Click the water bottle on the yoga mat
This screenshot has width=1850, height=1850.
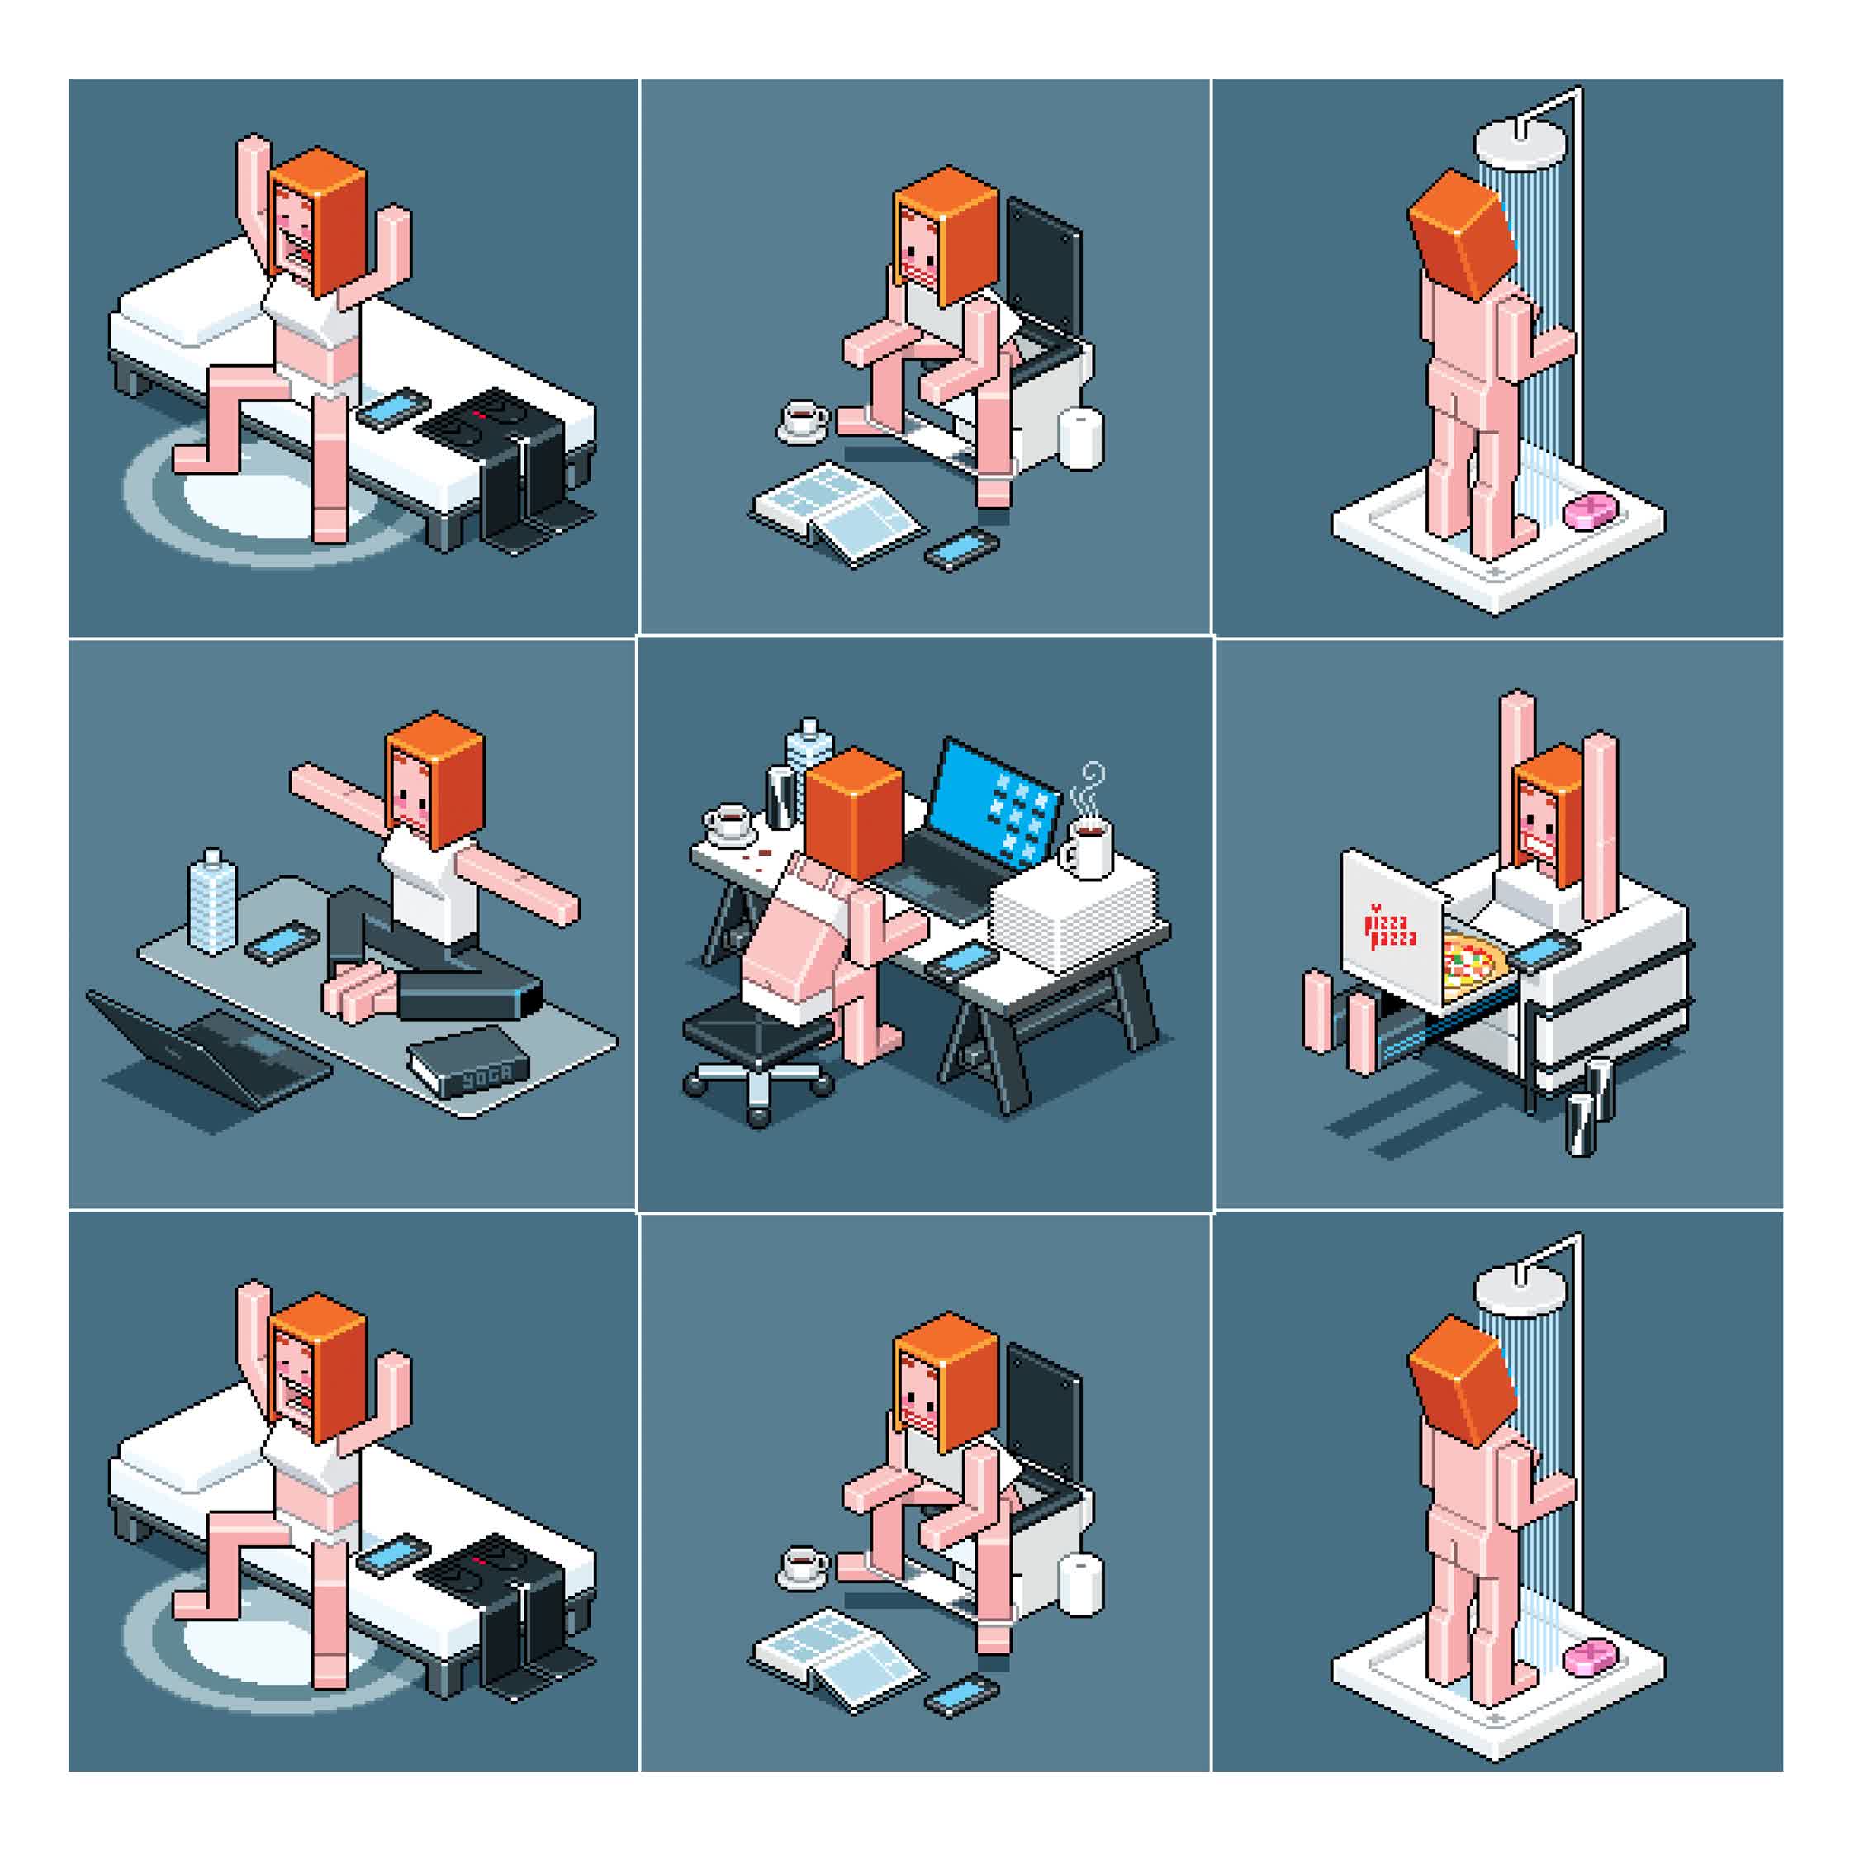(211, 901)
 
